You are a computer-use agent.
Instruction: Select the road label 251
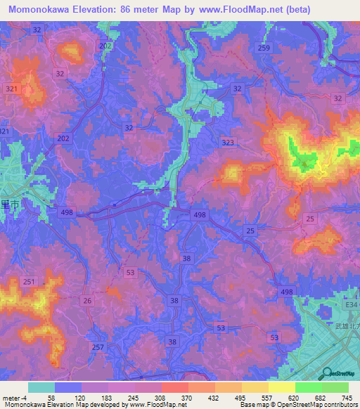coord(28,282)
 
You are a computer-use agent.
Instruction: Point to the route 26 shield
coord(87,301)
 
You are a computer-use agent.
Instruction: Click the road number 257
coord(98,346)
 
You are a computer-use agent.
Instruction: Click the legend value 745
coord(347,397)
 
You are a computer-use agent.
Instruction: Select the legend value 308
coord(160,397)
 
